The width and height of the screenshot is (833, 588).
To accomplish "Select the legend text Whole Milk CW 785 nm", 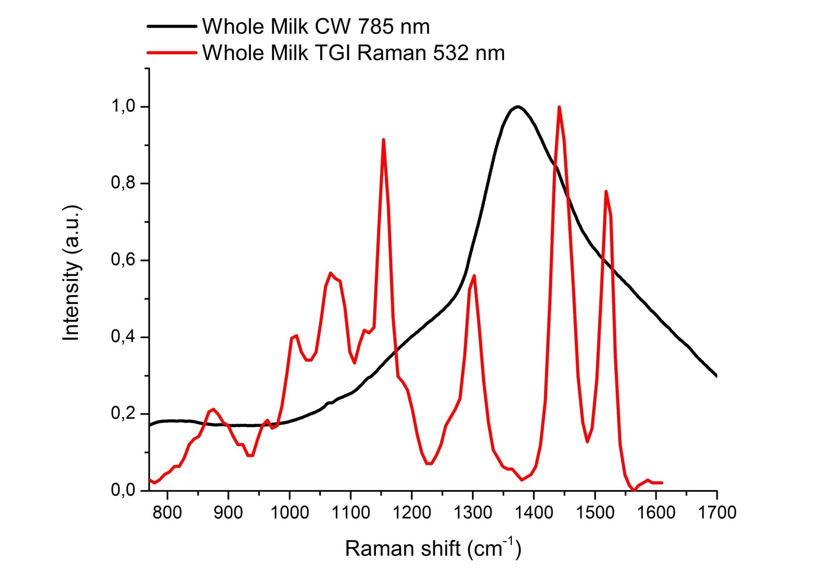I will (316, 26).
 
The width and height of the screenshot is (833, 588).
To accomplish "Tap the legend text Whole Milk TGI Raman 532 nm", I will (353, 53).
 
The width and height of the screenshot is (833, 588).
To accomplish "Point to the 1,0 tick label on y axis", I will (123, 106).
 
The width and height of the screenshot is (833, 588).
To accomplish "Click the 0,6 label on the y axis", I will (123, 260).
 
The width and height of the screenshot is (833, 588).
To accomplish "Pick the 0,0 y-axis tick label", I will (123, 490).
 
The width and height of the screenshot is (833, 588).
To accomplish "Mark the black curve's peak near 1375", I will (518, 106).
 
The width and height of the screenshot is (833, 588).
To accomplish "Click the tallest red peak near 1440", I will (559, 107).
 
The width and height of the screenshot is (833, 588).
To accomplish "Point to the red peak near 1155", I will (383, 140).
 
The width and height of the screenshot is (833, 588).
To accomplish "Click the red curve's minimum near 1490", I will (587, 442).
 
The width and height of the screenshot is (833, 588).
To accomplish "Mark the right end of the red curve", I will (662, 483).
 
